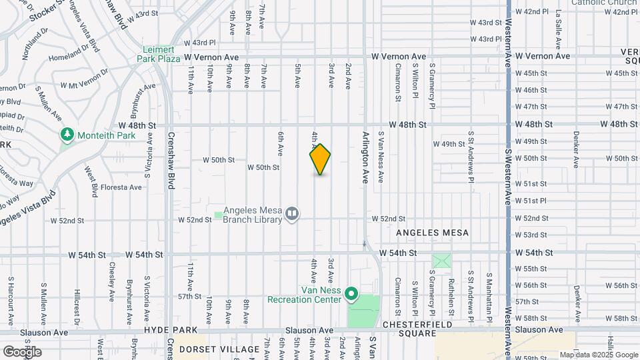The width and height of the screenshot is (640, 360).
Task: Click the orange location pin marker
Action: tap(320, 159)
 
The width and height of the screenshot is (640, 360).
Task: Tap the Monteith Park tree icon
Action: tap(67, 135)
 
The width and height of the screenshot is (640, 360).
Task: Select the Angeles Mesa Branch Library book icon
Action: tap(291, 214)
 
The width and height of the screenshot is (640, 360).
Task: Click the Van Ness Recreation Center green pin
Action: tap(352, 294)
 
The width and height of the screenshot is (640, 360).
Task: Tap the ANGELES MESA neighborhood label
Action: tap(433, 233)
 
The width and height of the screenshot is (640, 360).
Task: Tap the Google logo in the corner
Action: tap(21, 351)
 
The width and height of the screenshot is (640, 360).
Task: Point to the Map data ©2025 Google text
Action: tap(598, 355)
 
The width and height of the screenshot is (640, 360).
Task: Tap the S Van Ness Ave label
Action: tap(381, 157)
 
